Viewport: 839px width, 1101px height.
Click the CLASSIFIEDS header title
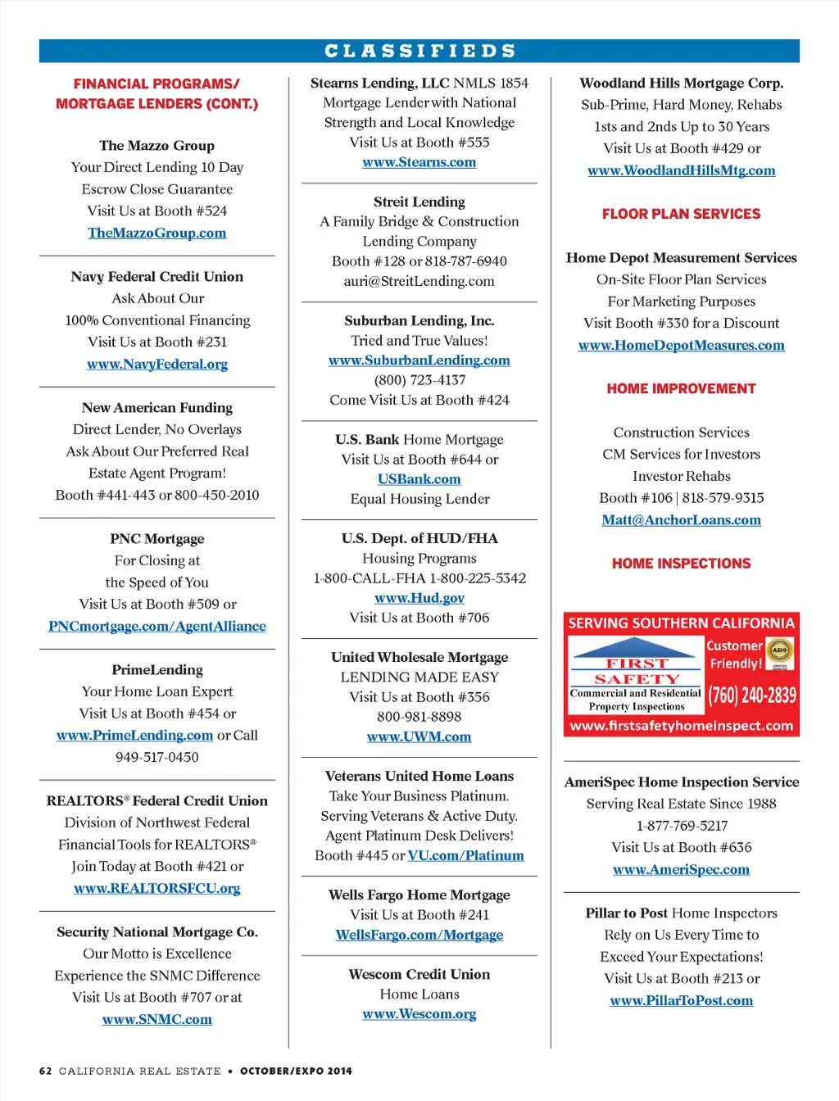coord(419,51)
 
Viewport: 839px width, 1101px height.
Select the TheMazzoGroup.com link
coord(156,233)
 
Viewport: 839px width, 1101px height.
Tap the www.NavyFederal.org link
coord(156,364)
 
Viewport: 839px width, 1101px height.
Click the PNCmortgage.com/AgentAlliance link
coord(156,626)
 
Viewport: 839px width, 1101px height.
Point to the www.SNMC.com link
coord(156,1019)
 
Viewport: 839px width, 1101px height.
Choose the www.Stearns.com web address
coord(419,162)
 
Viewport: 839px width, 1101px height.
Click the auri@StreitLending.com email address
coord(419,281)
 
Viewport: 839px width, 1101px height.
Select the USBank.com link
coord(419,479)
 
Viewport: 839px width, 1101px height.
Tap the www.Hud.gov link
coord(419,598)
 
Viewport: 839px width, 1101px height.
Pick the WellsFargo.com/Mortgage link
coord(419,935)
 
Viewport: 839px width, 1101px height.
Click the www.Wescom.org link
coord(419,1014)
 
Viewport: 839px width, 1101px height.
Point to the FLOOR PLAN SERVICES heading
coord(681,214)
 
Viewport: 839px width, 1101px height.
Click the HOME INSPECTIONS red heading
coord(681,564)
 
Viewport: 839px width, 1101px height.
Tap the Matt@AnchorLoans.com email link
coord(681,520)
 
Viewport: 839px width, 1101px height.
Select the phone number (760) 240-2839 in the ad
coord(752,695)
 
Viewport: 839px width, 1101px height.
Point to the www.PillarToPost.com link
coord(681,1000)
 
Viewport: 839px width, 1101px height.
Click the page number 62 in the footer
coord(46,1071)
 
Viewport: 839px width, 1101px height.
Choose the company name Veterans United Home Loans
coord(419,776)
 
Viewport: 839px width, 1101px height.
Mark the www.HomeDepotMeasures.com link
coord(681,345)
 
